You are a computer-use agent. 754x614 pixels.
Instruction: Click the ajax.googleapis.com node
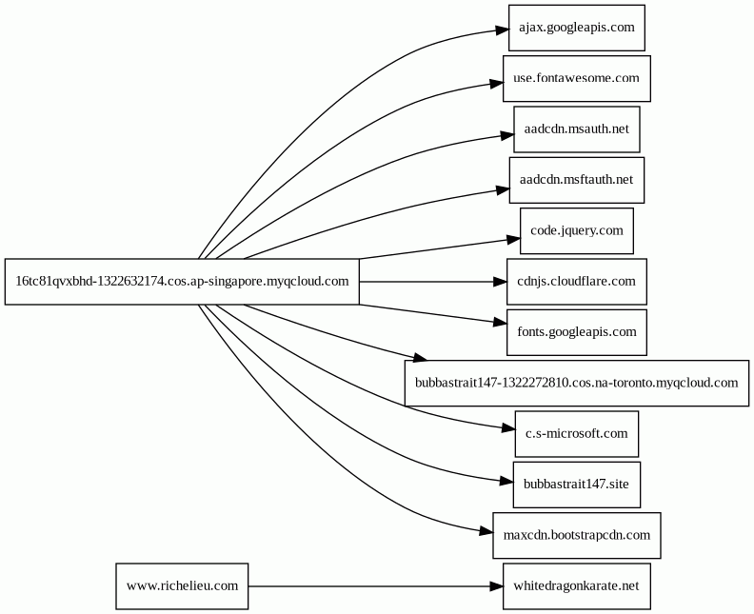tap(577, 28)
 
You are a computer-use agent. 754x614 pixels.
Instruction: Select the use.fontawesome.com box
tap(577, 78)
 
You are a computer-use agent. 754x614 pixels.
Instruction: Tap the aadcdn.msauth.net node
tap(577, 129)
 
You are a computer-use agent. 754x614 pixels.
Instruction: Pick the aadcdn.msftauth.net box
tap(577, 180)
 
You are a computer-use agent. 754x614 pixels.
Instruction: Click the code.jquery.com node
tap(577, 230)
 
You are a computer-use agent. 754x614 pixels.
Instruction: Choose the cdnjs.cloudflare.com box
tap(577, 282)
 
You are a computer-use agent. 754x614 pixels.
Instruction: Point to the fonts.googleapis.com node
tap(577, 332)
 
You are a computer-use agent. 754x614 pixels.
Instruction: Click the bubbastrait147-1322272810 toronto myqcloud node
tap(577, 384)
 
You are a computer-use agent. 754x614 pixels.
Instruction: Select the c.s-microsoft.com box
tap(577, 434)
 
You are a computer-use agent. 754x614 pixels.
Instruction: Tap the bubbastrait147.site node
tap(577, 485)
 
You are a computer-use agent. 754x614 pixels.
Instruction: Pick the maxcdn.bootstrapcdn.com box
tap(577, 535)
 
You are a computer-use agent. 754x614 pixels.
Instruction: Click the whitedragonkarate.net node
tap(577, 586)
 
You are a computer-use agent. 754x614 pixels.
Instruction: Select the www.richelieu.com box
tap(182, 586)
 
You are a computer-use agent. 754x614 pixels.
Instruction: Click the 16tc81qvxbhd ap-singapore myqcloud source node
tap(182, 282)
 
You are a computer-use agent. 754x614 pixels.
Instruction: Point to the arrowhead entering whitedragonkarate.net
tap(496, 586)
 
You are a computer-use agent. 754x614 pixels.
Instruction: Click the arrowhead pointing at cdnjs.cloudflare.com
tap(500, 282)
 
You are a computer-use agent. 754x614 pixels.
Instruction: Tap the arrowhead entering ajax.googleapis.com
tap(503, 30)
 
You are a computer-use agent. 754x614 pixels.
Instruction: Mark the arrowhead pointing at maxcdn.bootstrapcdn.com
tap(486, 531)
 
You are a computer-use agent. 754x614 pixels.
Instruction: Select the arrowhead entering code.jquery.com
tap(514, 239)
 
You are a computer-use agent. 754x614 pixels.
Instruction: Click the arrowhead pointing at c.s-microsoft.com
tap(508, 428)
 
